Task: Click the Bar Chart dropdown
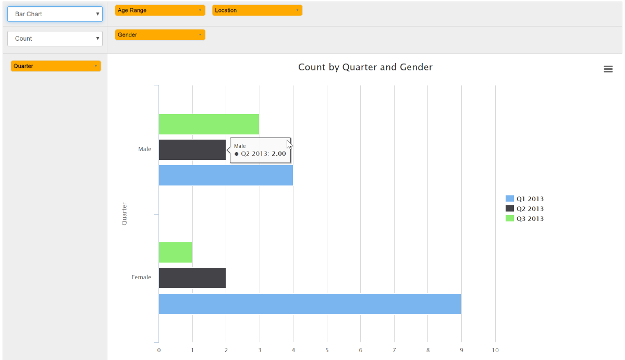55,14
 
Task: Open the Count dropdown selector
55,39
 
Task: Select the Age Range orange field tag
160,10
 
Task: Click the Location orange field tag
257,10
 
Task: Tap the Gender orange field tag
160,35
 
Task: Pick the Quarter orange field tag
56,66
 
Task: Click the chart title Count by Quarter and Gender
365,67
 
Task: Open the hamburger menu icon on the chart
608,69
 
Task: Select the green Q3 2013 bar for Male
209,124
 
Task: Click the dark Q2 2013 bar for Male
192,150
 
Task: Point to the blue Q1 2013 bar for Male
226,176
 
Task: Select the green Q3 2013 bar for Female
175,253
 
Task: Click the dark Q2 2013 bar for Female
192,278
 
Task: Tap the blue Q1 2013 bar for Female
310,304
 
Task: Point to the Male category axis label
144,150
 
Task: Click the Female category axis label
141,278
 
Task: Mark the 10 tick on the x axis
495,350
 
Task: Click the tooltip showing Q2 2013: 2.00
260,151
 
